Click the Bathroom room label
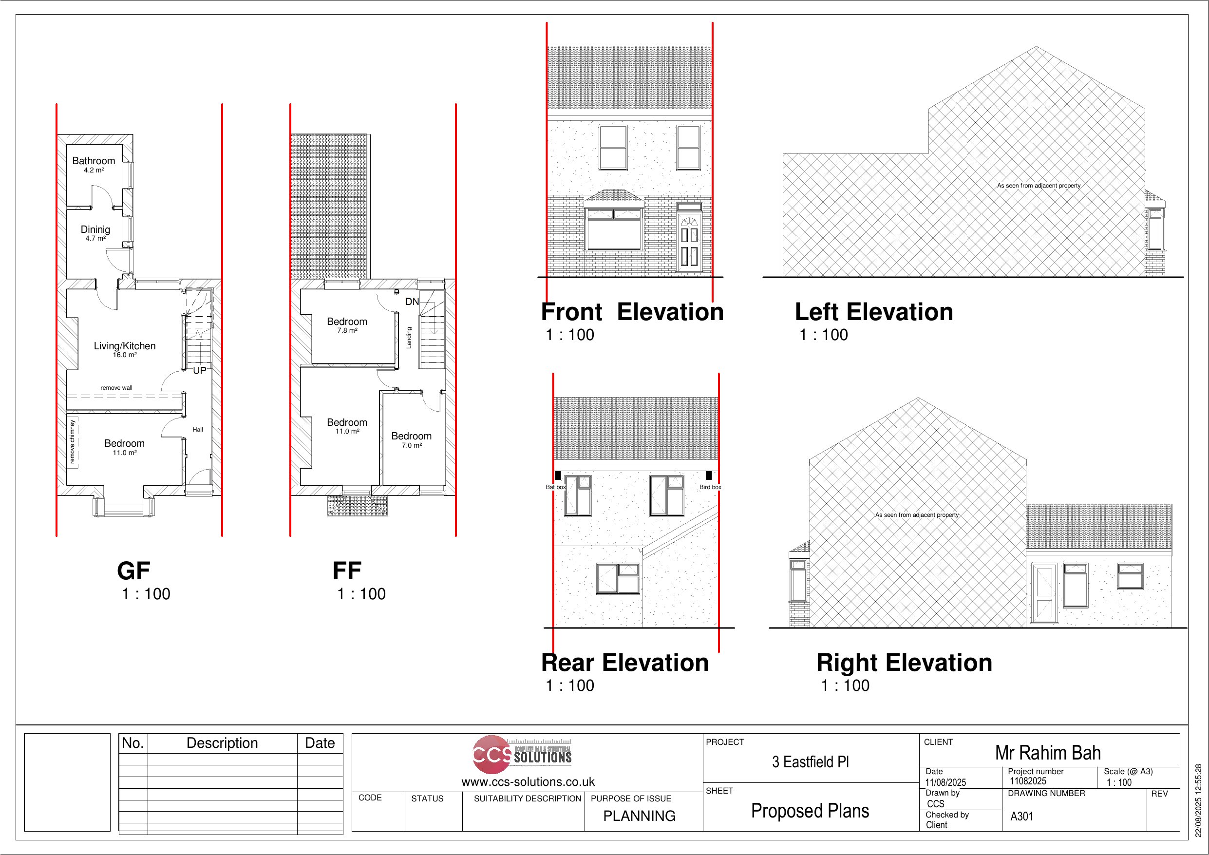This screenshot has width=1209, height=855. click(x=94, y=161)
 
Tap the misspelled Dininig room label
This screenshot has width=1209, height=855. click(x=95, y=229)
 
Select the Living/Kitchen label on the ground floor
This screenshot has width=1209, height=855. click(x=125, y=346)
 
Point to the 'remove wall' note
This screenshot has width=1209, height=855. click(x=116, y=388)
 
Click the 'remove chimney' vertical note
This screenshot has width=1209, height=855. click(x=73, y=442)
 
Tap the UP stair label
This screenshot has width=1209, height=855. click(x=200, y=371)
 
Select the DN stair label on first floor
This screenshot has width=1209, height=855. click(x=412, y=302)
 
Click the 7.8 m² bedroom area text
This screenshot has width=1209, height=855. click(x=347, y=331)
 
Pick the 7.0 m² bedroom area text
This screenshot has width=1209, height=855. click(x=412, y=446)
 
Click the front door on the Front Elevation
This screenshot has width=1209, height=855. click(x=689, y=242)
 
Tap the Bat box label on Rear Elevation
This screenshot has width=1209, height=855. click(x=555, y=487)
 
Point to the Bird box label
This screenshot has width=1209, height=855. click(x=710, y=487)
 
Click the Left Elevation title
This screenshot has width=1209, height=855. click(x=874, y=312)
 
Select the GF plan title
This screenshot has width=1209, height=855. click(x=134, y=571)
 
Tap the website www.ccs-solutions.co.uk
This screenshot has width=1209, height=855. click(x=528, y=782)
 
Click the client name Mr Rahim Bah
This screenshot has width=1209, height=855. click(x=1048, y=753)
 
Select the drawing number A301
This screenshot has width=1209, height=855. click(x=1021, y=817)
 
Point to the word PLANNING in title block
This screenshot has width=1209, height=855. click(x=639, y=816)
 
